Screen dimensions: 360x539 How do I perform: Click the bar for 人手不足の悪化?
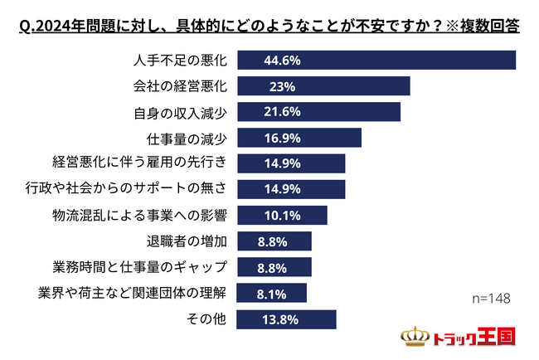click(x=376, y=60)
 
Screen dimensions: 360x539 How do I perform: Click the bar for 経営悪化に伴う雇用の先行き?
click(x=291, y=163)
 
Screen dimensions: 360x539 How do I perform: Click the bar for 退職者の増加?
click(x=274, y=241)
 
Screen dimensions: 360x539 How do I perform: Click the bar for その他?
click(x=287, y=319)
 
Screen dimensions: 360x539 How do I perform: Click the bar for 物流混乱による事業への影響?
click(x=283, y=216)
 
